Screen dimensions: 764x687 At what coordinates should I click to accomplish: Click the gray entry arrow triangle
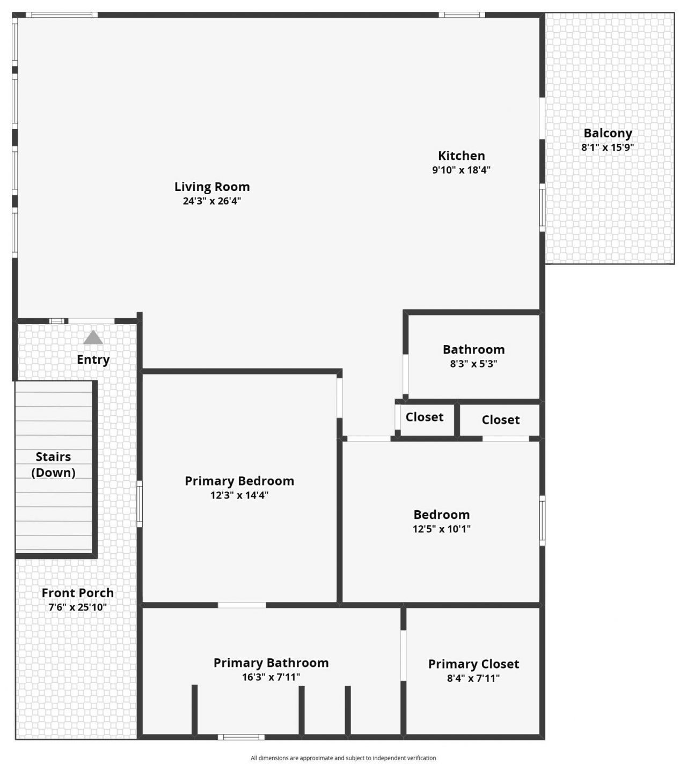tap(93, 337)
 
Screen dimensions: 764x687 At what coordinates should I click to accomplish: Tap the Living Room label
tap(212, 187)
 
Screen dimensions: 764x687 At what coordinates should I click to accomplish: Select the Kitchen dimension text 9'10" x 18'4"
tap(462, 170)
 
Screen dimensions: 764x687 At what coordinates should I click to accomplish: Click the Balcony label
tap(608, 133)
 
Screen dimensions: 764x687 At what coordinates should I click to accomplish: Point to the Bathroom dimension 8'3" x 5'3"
tap(473, 364)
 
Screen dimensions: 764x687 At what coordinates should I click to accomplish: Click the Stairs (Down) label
tap(53, 465)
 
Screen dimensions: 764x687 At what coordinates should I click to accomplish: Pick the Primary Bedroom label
tap(239, 481)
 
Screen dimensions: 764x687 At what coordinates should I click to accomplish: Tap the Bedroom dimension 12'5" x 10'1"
tap(442, 529)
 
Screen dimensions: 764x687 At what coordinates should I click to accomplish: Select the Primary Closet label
tap(473, 664)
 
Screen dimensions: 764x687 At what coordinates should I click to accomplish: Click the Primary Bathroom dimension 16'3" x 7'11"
tap(271, 678)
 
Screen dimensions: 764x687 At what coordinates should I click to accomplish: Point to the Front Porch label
tap(78, 593)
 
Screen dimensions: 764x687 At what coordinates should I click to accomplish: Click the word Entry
tap(93, 359)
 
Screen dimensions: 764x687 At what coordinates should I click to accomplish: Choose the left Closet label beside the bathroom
tap(425, 417)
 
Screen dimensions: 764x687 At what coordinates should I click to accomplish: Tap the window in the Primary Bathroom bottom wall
tap(241, 737)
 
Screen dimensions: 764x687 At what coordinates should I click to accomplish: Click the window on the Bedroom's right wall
tap(542, 520)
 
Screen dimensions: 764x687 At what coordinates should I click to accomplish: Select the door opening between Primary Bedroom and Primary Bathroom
tap(242, 605)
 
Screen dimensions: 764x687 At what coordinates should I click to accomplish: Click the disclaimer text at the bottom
tap(343, 758)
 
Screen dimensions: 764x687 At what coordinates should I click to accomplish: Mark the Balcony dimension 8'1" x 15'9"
tap(608, 148)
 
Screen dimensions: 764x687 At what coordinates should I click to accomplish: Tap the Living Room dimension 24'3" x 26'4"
tap(212, 201)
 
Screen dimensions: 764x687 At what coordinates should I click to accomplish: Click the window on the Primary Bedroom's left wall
tap(140, 503)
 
